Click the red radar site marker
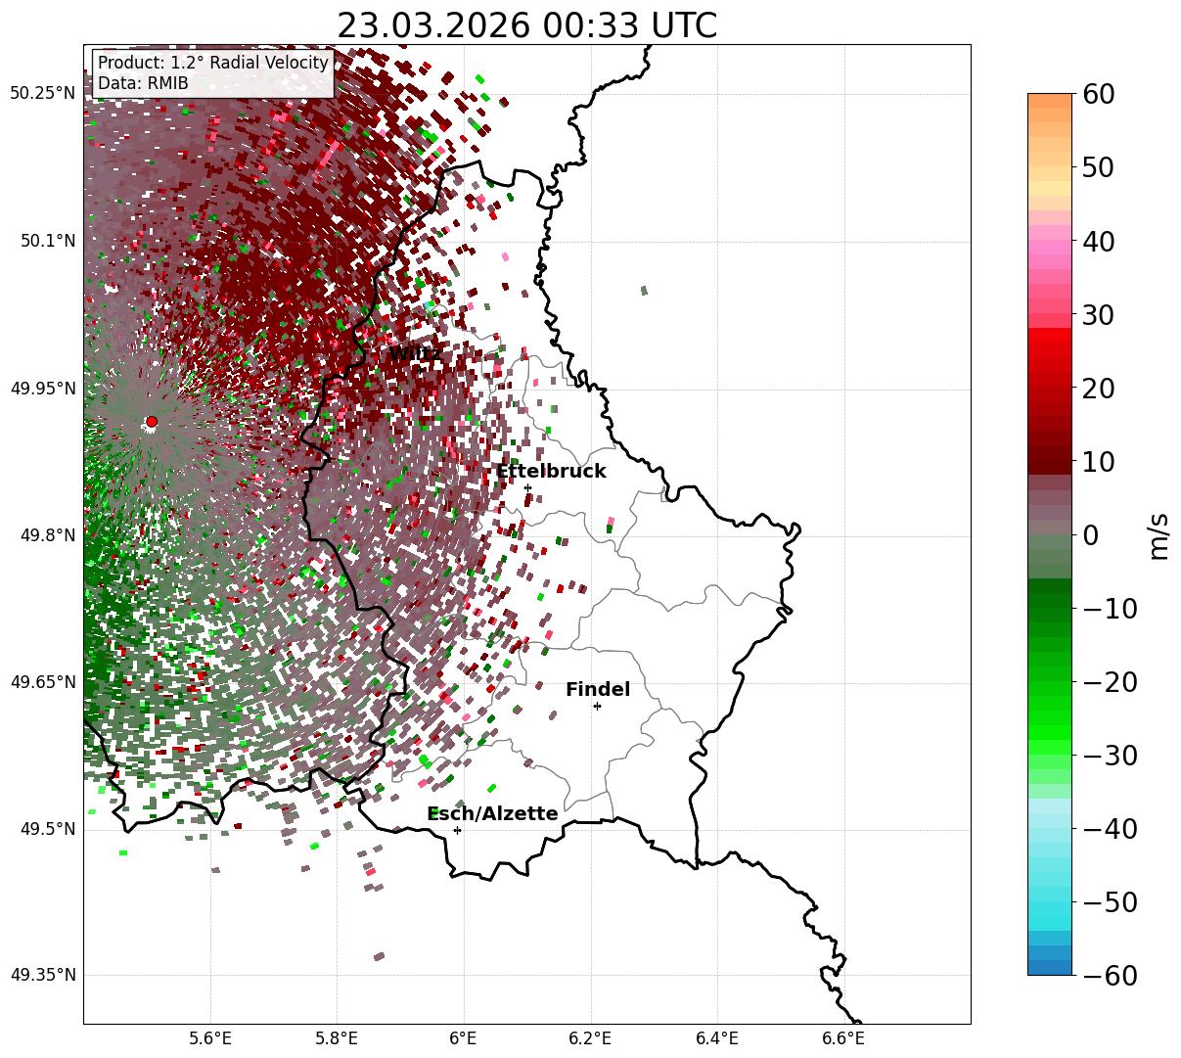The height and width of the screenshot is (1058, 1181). [x=152, y=422]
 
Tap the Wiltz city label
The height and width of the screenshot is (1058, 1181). [x=415, y=353]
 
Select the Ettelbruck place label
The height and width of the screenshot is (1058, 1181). [x=551, y=472]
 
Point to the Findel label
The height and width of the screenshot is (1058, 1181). [x=598, y=690]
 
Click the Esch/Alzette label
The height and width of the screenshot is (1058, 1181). [x=492, y=814]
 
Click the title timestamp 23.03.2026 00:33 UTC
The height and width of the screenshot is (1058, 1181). [x=526, y=25]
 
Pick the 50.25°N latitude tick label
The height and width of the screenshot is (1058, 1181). [x=42, y=94]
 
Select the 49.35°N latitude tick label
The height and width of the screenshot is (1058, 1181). [x=42, y=976]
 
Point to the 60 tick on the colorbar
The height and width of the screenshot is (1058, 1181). [x=1101, y=94]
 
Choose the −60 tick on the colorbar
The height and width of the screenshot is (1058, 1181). [x=1110, y=976]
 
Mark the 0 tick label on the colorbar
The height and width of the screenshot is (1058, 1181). [x=1090, y=535]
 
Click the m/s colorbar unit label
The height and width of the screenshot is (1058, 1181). [x=1159, y=535]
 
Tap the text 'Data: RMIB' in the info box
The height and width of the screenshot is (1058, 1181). [x=143, y=84]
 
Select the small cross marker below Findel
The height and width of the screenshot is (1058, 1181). [x=597, y=706]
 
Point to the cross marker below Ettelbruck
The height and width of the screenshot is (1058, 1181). [x=527, y=487]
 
